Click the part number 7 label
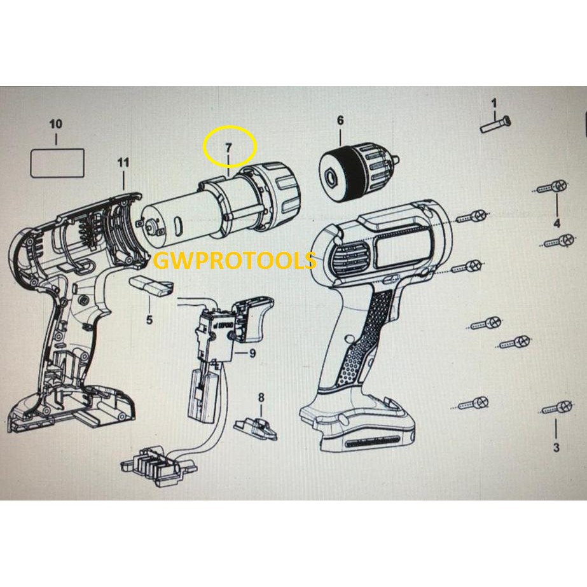coord(229,148)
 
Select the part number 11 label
coord(123,163)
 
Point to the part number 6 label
coord(340,120)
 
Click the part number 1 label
coord(494,102)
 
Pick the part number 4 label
coord(556,223)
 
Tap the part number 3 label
coord(556,448)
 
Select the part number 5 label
coord(149,320)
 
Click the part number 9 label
coord(252,353)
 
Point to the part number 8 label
coord(260,398)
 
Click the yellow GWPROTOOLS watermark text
coord(235,261)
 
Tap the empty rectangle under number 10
coord(58,163)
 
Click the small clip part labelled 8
coord(256,427)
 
